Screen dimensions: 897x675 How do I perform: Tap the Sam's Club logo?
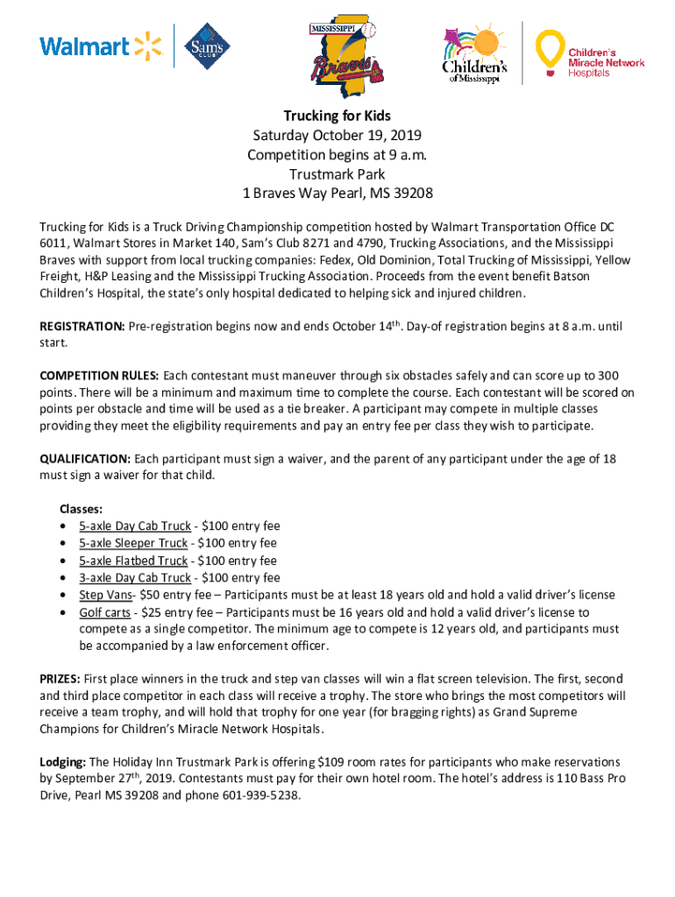pyautogui.click(x=207, y=46)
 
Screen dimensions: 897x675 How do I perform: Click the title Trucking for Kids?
pyautogui.click(x=337, y=116)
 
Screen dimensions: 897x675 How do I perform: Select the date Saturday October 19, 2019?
pyautogui.click(x=337, y=135)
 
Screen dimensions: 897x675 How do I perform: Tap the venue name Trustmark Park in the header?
pyautogui.click(x=337, y=173)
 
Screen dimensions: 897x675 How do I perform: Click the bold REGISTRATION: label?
pyautogui.click(x=82, y=327)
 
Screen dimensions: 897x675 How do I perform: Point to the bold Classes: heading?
pyautogui.click(x=81, y=509)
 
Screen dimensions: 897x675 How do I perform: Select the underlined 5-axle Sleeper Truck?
pyautogui.click(x=133, y=543)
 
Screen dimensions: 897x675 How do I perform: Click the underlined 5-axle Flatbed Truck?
pyautogui.click(x=133, y=561)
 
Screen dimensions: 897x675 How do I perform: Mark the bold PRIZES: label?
pyautogui.click(x=60, y=679)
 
